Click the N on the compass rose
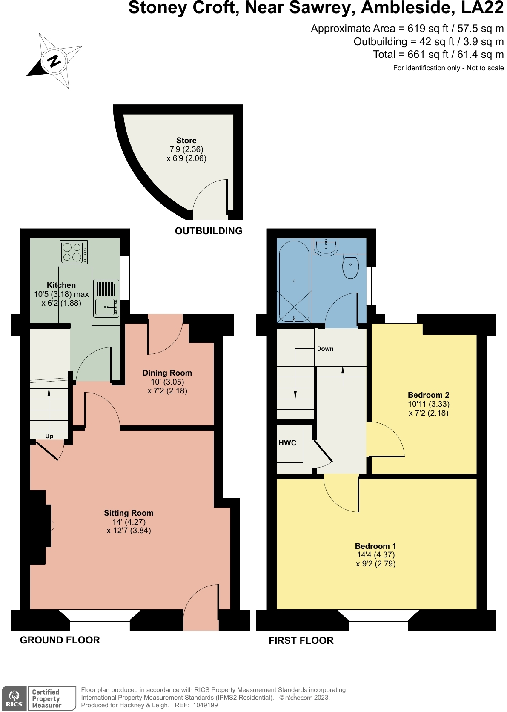click(54, 61)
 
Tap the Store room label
click(186, 141)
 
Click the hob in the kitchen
click(72, 252)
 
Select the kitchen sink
click(105, 307)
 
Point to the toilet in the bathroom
click(350, 267)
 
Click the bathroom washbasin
click(326, 247)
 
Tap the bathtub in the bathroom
click(294, 280)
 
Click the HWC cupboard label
click(287, 443)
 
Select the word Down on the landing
click(325, 349)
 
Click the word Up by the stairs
click(49, 436)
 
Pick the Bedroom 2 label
click(428, 395)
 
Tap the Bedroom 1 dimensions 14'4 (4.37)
click(376, 555)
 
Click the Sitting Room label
click(129, 513)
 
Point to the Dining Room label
click(167, 373)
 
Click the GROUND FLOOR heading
click(60, 640)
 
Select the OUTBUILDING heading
click(209, 231)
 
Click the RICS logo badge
click(14, 698)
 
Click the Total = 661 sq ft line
click(438, 55)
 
